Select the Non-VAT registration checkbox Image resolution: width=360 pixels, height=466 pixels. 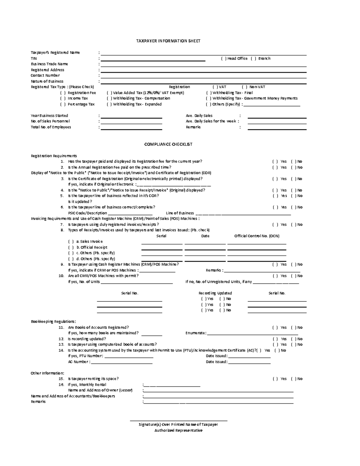(x=244, y=87)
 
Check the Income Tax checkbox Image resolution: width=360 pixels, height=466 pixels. (x=63, y=98)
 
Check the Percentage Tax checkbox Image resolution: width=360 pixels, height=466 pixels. (x=63, y=104)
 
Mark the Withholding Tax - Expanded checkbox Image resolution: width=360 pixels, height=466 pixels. (x=109, y=104)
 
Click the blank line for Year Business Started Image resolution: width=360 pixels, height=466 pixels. (x=131, y=118)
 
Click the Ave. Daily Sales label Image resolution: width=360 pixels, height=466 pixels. (x=199, y=116)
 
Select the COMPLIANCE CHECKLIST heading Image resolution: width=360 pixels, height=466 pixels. (x=168, y=144)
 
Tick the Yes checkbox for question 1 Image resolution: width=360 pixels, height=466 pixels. (x=275, y=161)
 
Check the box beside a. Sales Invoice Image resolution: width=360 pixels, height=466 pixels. (x=71, y=242)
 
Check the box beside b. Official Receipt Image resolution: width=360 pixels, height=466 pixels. (x=71, y=248)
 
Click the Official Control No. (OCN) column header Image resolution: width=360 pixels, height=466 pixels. (x=257, y=236)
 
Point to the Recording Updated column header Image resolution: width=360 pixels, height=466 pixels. (x=215, y=293)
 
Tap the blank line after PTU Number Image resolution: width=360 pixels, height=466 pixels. (x=129, y=357)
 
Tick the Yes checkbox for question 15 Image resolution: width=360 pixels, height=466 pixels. (x=275, y=379)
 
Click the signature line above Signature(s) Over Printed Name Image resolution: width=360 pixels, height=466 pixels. (x=178, y=420)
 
